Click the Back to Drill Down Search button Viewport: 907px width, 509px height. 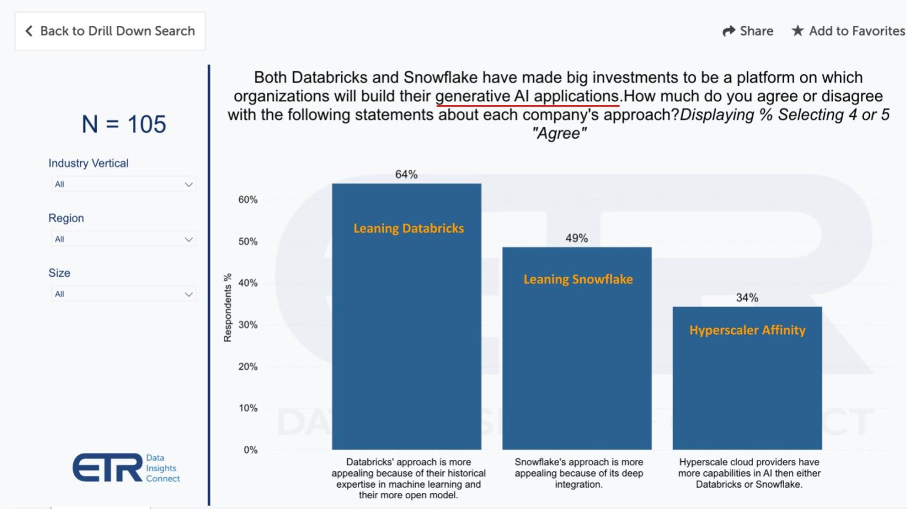coord(110,31)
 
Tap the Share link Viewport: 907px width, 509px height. coord(748,31)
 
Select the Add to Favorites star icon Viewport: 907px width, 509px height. coord(798,31)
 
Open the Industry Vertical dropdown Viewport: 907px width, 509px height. coord(123,184)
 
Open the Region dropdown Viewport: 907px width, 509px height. coord(123,239)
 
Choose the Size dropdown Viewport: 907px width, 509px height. coord(123,294)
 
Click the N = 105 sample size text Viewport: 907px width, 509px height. coord(124,124)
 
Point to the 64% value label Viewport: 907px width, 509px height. coord(406,175)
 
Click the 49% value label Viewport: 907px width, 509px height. coord(576,238)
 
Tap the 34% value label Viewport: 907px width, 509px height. coord(747,298)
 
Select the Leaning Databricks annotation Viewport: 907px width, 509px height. coord(409,228)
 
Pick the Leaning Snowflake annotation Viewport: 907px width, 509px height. coord(578,280)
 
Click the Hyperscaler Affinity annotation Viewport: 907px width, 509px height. coord(747,330)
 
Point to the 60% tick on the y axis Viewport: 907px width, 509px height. coord(248,200)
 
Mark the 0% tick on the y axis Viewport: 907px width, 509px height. coord(250,450)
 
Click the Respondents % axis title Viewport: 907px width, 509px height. coord(227,308)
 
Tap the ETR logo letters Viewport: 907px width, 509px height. coord(107,468)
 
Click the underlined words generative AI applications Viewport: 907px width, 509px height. coord(527,96)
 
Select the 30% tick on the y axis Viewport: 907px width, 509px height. coord(248,325)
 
